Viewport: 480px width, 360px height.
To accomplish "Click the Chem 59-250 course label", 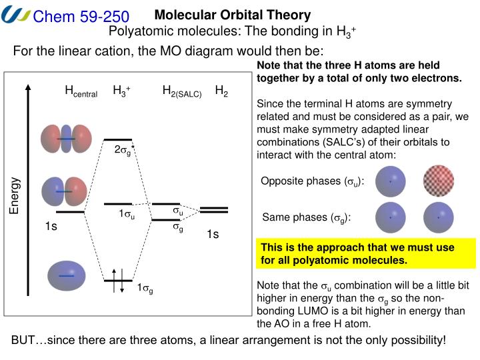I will coord(81,15).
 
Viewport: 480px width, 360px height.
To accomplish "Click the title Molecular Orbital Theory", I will coord(233,15).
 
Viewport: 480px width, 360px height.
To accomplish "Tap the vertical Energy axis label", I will coord(15,196).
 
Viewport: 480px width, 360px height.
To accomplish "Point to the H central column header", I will coord(81,91).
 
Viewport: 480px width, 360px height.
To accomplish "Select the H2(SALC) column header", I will coord(181,91).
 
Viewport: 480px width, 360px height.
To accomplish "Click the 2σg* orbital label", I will coord(125,150).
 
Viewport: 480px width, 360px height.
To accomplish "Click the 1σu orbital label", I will coord(127,215).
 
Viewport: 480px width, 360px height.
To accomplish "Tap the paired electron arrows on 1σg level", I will coord(117,280).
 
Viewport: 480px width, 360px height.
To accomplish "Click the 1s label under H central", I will coord(51,227).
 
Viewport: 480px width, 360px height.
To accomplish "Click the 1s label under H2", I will coord(213,233).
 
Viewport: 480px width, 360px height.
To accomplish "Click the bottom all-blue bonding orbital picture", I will coord(66,275).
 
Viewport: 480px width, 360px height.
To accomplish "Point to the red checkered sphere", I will coord(439,180).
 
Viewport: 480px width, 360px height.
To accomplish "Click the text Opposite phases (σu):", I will coord(303,181).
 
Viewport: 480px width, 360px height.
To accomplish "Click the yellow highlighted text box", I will coord(367,253).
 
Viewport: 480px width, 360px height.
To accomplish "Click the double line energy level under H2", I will coord(214,209).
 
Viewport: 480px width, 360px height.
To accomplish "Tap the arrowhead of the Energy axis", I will coord(27,89).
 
